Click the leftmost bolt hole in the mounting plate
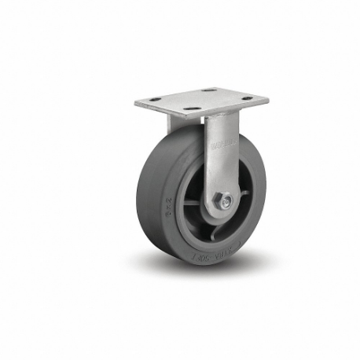[155, 98]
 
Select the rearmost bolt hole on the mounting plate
[207, 90]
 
